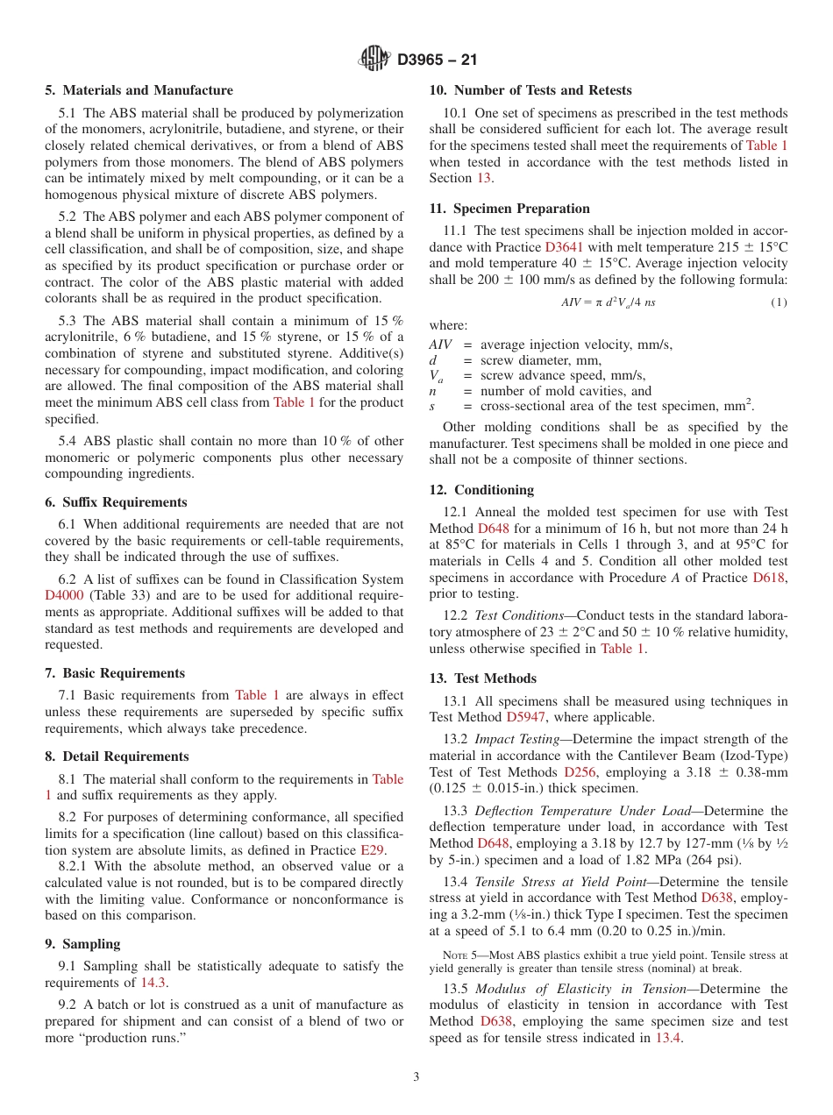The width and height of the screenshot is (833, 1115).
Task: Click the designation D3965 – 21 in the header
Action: (x=437, y=60)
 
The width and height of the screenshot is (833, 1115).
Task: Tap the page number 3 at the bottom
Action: (x=416, y=1077)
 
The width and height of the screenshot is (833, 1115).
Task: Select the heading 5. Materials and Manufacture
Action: (x=139, y=90)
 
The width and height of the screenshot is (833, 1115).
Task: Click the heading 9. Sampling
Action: (x=83, y=944)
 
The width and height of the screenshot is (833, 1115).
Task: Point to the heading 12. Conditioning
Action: (x=481, y=490)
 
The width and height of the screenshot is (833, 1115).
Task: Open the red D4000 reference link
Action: (x=63, y=595)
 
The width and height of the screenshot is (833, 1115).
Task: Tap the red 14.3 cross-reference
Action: (x=154, y=983)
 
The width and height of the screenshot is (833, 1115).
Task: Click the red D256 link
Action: (x=580, y=772)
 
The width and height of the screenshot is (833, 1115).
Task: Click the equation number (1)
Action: (x=779, y=302)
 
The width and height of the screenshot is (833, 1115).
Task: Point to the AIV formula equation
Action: (x=608, y=302)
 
